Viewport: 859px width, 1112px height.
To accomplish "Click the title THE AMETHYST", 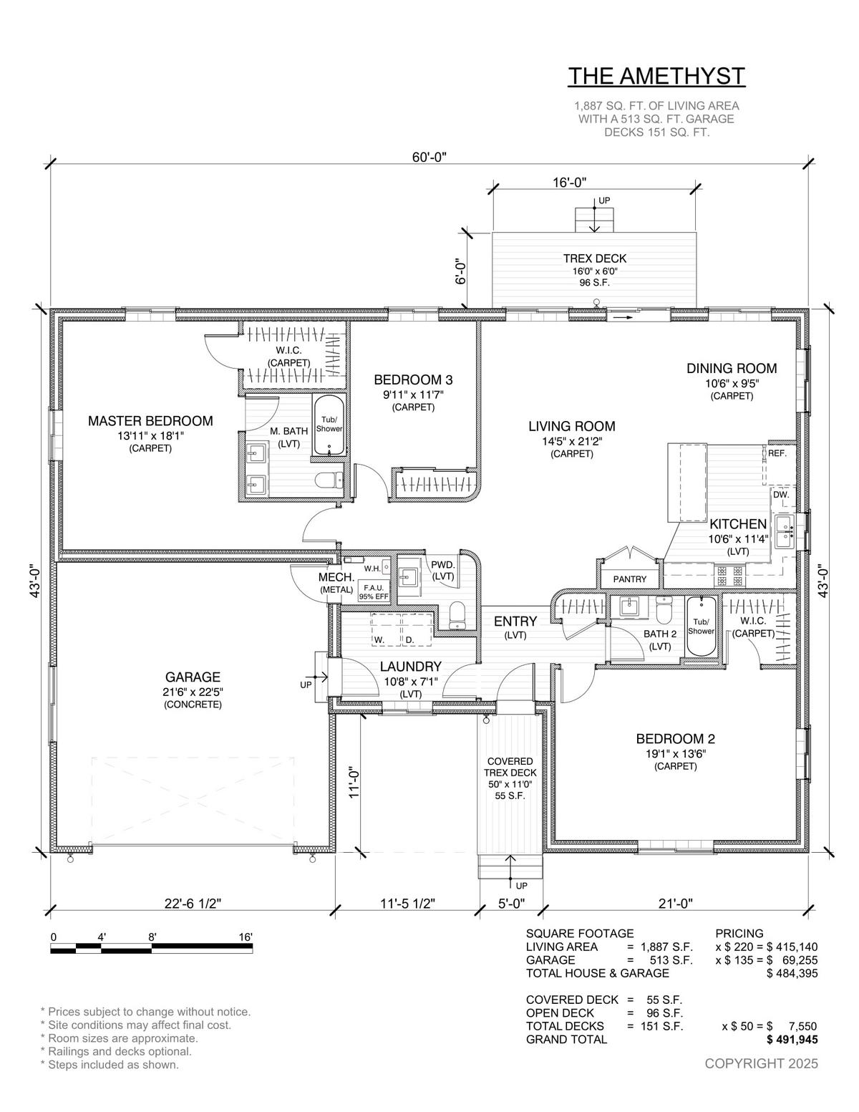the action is [x=656, y=76].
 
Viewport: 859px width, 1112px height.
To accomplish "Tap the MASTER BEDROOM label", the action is [x=150, y=420].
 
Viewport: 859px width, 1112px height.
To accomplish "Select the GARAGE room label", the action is [x=193, y=677].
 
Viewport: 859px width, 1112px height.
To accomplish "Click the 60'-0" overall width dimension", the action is [x=429, y=157].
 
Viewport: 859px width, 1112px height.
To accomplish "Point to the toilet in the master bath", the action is [x=328, y=480].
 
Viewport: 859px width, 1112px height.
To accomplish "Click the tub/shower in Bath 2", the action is [x=700, y=626].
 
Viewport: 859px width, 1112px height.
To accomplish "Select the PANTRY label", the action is [x=630, y=579].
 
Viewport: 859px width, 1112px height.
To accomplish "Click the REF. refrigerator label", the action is [x=777, y=453].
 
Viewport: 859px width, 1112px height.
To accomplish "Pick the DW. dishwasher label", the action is [x=781, y=495].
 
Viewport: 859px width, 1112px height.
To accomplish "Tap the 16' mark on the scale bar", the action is [x=246, y=937].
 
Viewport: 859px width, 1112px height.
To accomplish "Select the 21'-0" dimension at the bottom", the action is [x=675, y=903].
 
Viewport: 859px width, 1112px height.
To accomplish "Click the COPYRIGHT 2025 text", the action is [x=761, y=1063].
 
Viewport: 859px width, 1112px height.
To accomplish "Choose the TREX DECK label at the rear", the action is [x=594, y=258].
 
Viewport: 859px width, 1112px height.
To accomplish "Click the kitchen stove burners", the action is [x=729, y=575].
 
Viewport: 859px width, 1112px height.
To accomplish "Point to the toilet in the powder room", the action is [x=457, y=614].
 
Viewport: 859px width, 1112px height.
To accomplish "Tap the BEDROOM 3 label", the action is [x=413, y=379].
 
